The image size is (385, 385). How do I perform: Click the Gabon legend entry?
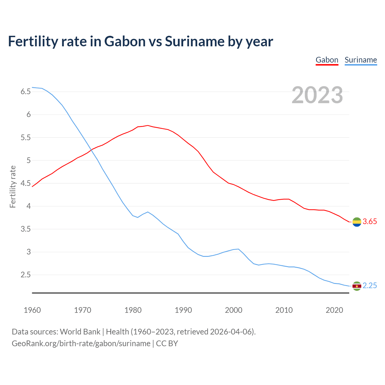(327, 60)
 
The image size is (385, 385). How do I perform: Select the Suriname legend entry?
(361, 60)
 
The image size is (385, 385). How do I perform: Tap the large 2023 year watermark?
(317, 95)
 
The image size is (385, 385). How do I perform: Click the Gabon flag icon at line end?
(357, 222)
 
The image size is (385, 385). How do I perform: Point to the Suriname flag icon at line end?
(357, 286)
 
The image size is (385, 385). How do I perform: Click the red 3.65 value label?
(370, 222)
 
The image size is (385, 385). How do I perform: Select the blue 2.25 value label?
(370, 286)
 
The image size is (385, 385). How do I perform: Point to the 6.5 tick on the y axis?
(26, 92)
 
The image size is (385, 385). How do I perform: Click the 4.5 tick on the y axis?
(26, 183)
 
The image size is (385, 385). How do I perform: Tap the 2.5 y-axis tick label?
(26, 275)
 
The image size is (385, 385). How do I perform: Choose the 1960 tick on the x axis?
(32, 310)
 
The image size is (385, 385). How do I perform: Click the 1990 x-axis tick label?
(183, 310)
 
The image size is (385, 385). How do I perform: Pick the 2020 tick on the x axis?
(334, 310)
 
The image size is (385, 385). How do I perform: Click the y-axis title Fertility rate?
(13, 186)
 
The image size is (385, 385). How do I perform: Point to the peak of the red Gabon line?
(148, 125)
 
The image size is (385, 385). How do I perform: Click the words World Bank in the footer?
(80, 332)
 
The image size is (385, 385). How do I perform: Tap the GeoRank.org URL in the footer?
(81, 343)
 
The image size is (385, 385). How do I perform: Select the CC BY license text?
(167, 343)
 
